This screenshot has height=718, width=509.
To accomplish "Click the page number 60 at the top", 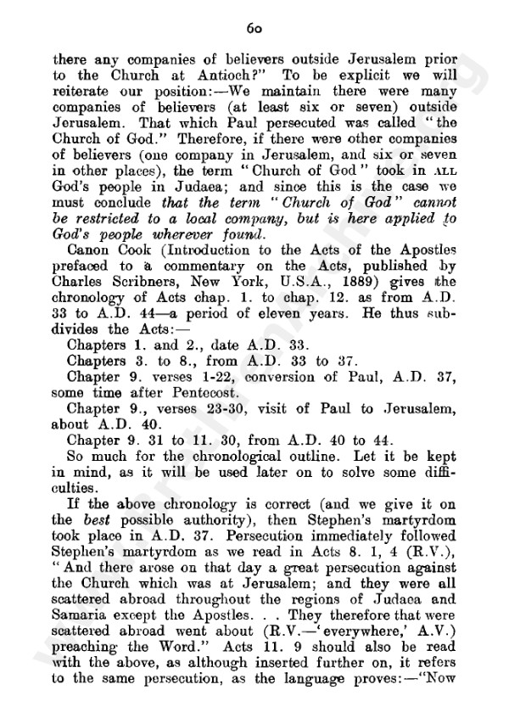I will (x=254, y=27).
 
